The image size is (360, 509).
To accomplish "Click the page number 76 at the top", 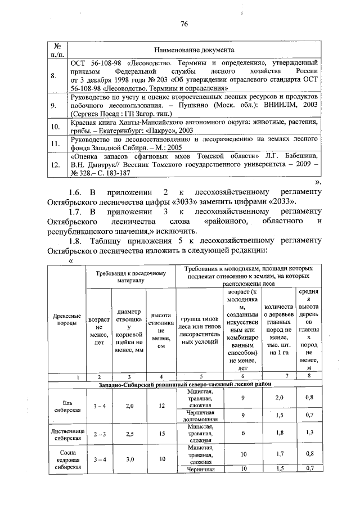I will [183, 23].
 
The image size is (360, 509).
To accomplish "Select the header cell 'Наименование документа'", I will [194, 51].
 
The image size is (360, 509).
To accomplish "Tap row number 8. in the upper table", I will [53, 76].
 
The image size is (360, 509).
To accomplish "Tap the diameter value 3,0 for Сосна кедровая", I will [129, 459].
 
